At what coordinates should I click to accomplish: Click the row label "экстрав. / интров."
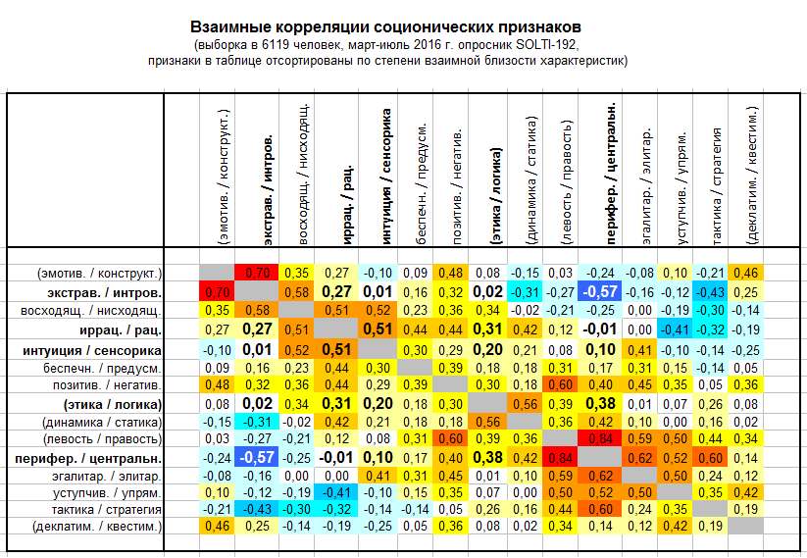click(105, 293)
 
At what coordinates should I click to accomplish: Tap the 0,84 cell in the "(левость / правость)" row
click(600, 438)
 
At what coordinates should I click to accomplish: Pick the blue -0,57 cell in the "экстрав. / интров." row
click(600, 292)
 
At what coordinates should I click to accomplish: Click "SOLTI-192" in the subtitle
click(546, 45)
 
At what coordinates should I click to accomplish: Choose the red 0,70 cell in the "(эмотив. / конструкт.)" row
click(257, 273)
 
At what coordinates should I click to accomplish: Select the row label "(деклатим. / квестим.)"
click(97, 527)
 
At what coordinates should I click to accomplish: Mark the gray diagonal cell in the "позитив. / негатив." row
click(450, 384)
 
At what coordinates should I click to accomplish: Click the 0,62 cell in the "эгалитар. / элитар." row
click(600, 476)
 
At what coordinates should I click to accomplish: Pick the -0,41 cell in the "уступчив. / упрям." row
click(336, 492)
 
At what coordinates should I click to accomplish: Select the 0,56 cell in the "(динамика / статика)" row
click(487, 422)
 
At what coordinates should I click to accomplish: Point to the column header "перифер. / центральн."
click(611, 174)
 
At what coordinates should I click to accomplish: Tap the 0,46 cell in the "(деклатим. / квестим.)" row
click(217, 526)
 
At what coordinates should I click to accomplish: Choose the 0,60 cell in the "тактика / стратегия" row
click(600, 509)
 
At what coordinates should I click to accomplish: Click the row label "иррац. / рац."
click(121, 330)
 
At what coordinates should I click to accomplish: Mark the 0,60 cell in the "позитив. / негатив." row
click(561, 384)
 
